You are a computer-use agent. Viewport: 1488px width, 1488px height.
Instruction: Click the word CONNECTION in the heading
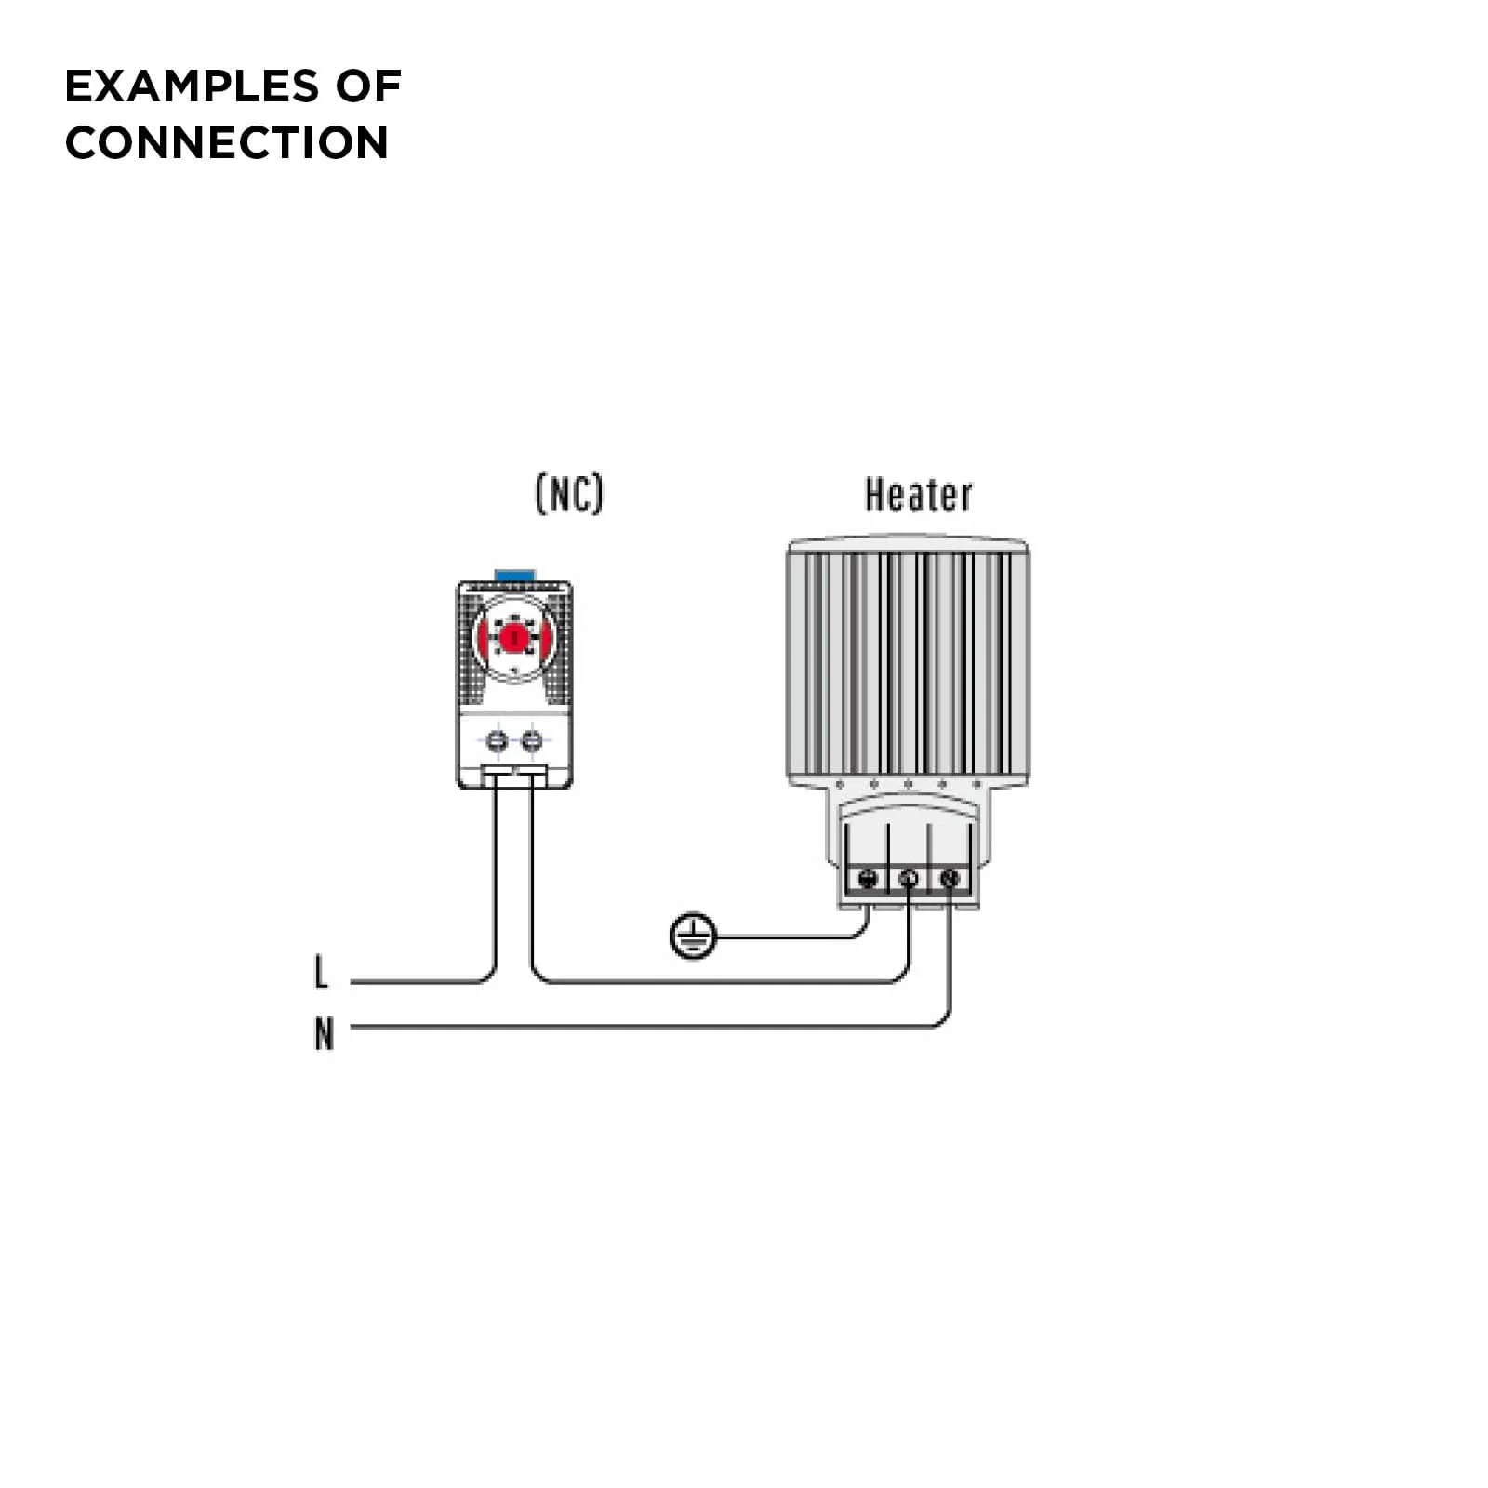(x=226, y=143)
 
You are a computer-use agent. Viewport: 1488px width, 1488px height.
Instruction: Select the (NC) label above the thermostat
(x=569, y=493)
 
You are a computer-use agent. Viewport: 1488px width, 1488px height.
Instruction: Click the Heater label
(x=918, y=495)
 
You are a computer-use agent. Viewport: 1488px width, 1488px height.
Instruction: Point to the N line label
(x=324, y=1033)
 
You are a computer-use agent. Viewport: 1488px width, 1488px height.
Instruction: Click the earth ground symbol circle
(x=693, y=936)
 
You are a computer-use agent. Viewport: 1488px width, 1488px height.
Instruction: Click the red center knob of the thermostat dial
(x=513, y=638)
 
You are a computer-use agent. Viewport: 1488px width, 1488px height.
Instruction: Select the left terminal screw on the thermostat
(x=498, y=741)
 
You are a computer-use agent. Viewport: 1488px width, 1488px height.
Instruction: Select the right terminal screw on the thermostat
(x=531, y=741)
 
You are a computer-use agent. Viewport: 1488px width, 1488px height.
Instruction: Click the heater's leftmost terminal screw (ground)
(x=868, y=878)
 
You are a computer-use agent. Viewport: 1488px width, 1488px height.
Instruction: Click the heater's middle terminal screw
(x=910, y=878)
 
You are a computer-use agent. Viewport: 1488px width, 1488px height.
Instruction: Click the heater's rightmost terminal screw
(x=950, y=878)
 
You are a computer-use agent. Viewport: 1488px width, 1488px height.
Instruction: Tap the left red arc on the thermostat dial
(x=484, y=638)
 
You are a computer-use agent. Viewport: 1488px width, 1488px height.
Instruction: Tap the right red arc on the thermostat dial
(x=546, y=638)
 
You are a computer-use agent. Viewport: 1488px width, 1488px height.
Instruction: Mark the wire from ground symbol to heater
(x=790, y=937)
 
